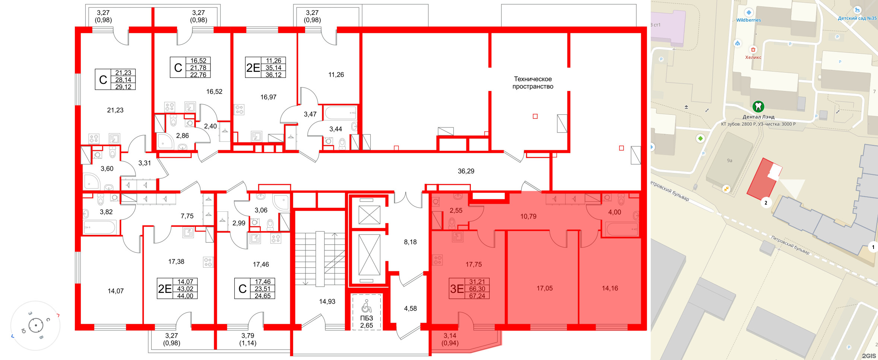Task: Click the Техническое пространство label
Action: click(x=533, y=83)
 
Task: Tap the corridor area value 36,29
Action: click(x=466, y=171)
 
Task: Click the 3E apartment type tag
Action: click(x=457, y=289)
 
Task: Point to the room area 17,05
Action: click(x=545, y=288)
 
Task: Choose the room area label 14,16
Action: click(x=610, y=288)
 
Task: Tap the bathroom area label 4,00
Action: click(x=615, y=212)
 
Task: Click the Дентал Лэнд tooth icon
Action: click(x=758, y=107)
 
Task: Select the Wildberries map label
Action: click(x=748, y=20)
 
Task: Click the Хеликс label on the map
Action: click(x=753, y=57)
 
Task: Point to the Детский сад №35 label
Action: click(x=857, y=18)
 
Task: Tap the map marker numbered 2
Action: click(x=766, y=203)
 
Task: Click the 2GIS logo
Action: click(x=869, y=356)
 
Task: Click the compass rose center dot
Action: click(x=36, y=325)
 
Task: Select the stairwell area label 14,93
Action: click(x=327, y=301)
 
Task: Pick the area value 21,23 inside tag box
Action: click(x=123, y=73)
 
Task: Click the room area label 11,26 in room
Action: click(x=336, y=75)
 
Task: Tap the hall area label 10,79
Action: click(x=528, y=216)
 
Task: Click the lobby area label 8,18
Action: click(x=410, y=242)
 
